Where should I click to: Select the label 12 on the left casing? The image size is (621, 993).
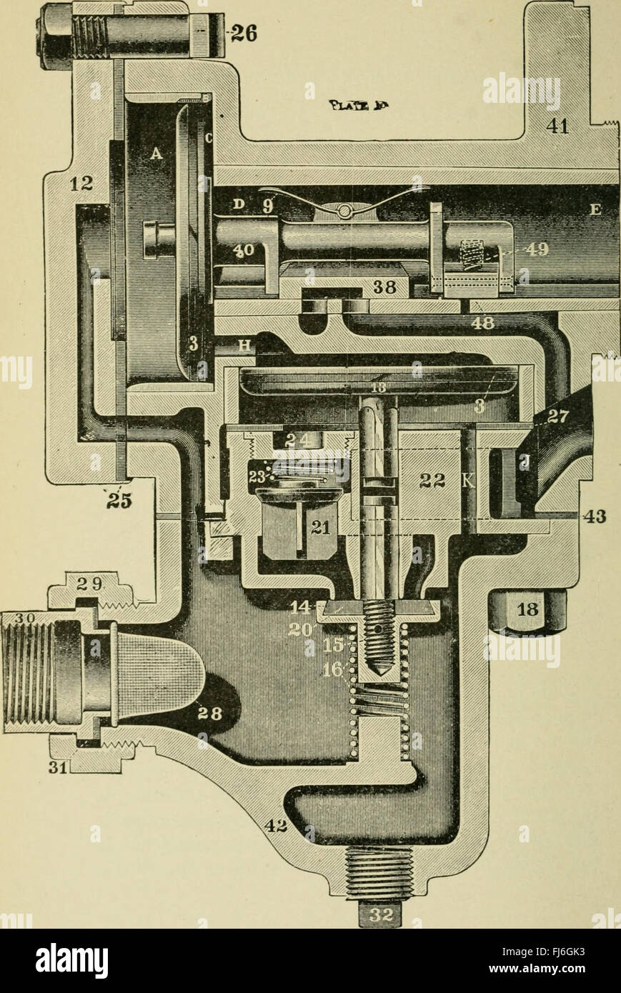point(81,184)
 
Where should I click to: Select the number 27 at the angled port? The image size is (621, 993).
point(555,416)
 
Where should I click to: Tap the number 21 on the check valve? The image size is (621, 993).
point(319,527)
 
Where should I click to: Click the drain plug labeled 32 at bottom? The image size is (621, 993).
point(379,915)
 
